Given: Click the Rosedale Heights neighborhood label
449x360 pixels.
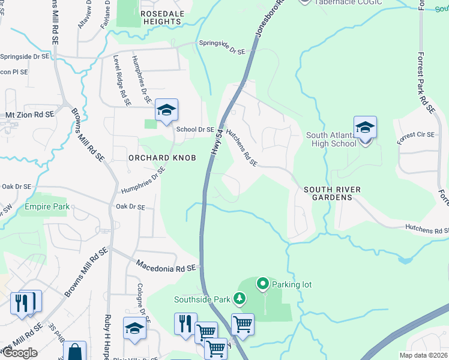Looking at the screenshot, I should point(160,17).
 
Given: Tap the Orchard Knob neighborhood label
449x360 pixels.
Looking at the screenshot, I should point(154,157).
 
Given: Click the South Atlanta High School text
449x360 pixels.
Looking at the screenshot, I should point(331,139).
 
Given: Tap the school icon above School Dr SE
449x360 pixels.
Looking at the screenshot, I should point(166,110).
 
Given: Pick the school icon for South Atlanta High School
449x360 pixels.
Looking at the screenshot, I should point(365,128).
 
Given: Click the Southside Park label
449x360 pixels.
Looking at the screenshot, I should point(202,299).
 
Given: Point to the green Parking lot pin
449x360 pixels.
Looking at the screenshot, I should point(263,283).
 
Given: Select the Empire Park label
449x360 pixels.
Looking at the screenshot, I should point(47,207).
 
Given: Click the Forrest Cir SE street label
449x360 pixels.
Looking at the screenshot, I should point(415,139).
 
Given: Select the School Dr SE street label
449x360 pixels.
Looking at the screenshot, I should point(195,129).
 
